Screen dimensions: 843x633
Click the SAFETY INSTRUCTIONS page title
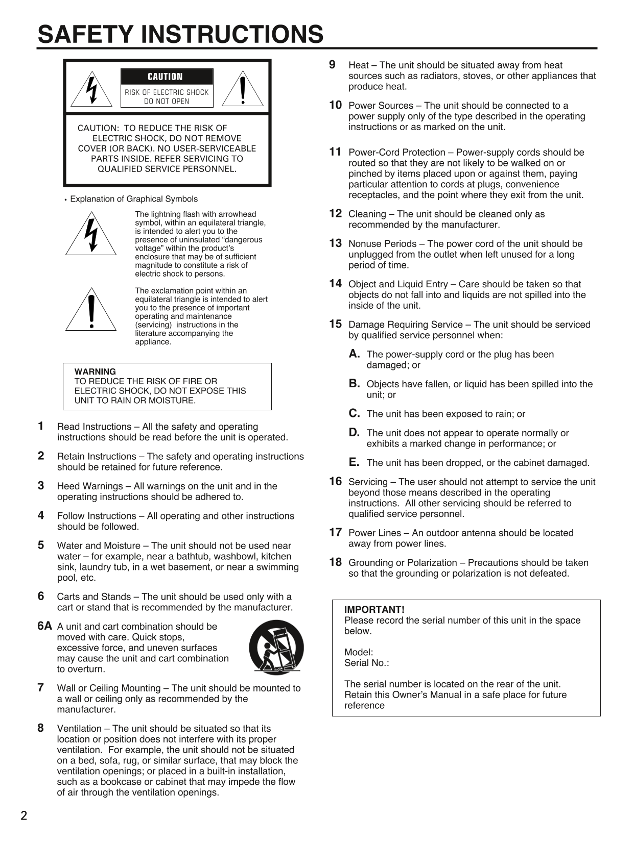pyautogui.click(x=180, y=35)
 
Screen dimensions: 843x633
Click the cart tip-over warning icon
pyautogui.click(x=276, y=647)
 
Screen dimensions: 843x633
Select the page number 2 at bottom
pyautogui.click(x=24, y=815)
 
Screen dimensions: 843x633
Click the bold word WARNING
pyautogui.click(x=95, y=371)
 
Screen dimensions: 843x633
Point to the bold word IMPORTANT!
pyautogui.click(x=374, y=610)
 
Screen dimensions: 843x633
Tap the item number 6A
pyautogui.click(x=45, y=626)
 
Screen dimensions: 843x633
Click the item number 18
pyautogui.click(x=335, y=562)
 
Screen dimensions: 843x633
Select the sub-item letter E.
pyautogui.click(x=354, y=462)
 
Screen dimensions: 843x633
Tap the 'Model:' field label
pyautogui.click(x=359, y=652)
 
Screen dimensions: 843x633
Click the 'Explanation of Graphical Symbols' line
pyautogui.click(x=134, y=199)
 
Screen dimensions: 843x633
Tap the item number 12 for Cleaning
pyautogui.click(x=335, y=214)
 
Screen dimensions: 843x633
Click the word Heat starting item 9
pyautogui.click(x=358, y=65)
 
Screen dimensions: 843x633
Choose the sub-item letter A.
pyautogui.click(x=355, y=354)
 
